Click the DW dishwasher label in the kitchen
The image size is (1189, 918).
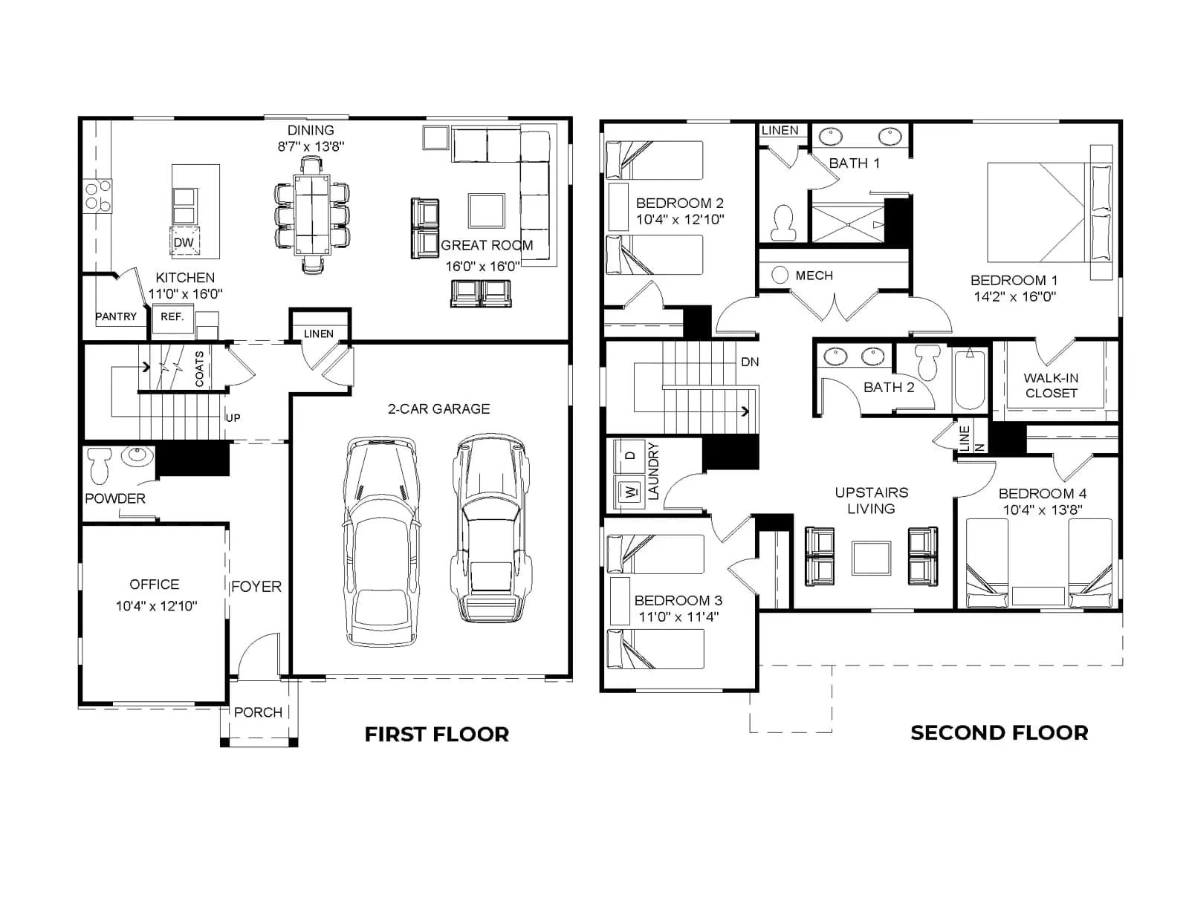tap(184, 242)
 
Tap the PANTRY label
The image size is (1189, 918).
tap(115, 316)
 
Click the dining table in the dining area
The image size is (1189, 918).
tap(312, 215)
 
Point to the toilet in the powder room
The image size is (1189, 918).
tap(99, 465)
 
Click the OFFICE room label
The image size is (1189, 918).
tap(155, 585)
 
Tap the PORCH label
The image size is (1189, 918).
tap(258, 712)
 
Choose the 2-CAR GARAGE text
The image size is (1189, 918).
tap(439, 409)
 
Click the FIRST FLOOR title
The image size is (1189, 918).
tap(437, 735)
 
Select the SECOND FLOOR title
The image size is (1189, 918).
tap(1000, 733)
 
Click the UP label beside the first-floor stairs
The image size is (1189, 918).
tap(233, 417)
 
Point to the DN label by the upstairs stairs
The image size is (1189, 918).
tap(750, 362)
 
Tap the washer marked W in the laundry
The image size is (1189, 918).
tap(630, 492)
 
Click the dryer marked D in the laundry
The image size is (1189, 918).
tap(630, 456)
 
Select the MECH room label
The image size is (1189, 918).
tap(814, 276)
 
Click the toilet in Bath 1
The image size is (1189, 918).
tap(783, 223)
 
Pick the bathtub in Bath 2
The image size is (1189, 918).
tap(969, 379)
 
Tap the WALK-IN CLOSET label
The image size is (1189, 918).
tap(1051, 385)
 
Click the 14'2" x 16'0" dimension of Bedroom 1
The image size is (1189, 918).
tap(1014, 297)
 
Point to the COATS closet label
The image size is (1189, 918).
tap(199, 369)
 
